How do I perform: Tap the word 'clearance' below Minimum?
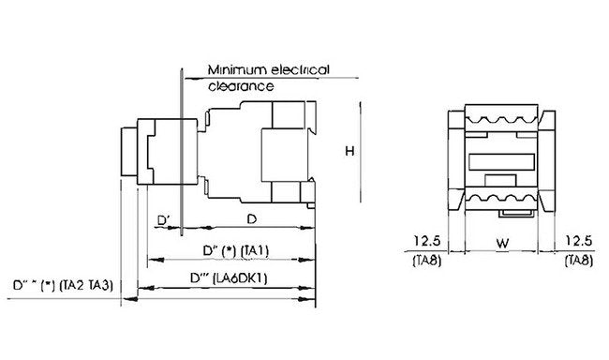(x=241, y=86)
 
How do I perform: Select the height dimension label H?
(x=349, y=151)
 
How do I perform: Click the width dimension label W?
(x=502, y=244)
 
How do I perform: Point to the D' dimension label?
(x=164, y=220)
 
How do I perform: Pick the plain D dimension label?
(x=252, y=219)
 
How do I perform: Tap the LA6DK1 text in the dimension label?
(x=240, y=278)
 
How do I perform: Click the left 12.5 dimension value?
(x=427, y=241)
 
